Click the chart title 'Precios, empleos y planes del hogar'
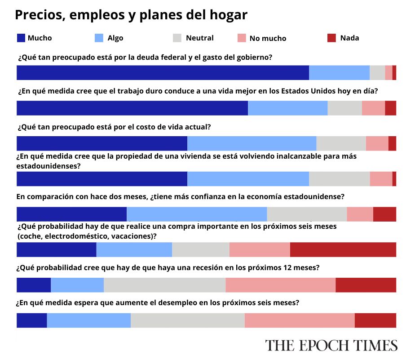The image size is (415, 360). click(131, 15)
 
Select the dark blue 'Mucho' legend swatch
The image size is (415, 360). click(21, 38)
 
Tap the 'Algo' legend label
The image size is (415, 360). click(115, 38)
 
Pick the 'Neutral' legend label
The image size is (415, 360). click(199, 38)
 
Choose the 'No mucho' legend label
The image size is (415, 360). click(268, 39)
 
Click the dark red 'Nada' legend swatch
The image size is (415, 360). click(332, 38)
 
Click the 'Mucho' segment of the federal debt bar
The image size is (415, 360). click(163, 73)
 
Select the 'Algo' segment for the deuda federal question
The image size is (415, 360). click(339, 73)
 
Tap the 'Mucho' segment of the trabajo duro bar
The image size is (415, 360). click(132, 108)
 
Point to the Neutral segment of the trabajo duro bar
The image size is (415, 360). click(344, 108)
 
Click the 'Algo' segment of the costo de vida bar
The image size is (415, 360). click(252, 143)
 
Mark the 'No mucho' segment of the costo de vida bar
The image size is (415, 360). click(377, 143)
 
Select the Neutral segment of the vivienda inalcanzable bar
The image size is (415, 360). click(339, 178)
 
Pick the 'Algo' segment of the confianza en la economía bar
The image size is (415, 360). click(197, 214)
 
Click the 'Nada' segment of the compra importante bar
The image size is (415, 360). click(343, 249)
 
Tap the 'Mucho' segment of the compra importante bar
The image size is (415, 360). click(56, 249)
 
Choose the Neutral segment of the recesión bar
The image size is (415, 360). click(164, 285)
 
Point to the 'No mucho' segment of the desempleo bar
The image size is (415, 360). click(300, 320)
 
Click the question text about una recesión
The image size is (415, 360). click(168, 267)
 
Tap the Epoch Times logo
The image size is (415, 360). click(331, 345)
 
